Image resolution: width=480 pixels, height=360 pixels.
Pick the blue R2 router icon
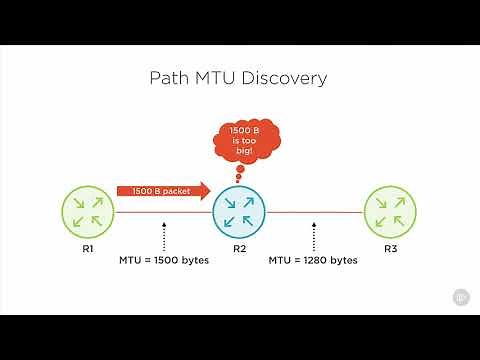[239, 212]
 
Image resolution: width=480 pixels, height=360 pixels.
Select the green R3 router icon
[389, 212]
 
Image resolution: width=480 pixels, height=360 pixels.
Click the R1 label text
[89, 247]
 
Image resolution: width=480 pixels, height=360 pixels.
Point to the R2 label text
[239, 247]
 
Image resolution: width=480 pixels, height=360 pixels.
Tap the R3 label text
[389, 247]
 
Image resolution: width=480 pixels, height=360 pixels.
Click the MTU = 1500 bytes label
[163, 260]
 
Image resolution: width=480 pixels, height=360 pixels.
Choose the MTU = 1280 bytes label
[314, 260]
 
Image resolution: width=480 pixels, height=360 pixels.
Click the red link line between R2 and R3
[314, 212]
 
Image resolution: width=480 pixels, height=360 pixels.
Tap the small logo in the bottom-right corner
[462, 297]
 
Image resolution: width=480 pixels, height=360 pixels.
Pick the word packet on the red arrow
[178, 189]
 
